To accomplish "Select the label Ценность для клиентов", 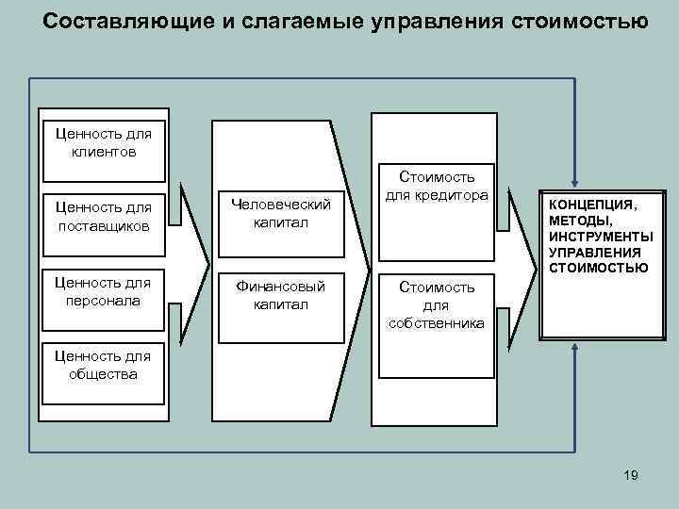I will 103,142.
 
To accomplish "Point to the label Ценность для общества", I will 103,365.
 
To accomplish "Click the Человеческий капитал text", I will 280,213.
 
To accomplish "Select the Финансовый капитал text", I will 280,295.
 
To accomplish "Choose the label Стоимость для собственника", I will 437,304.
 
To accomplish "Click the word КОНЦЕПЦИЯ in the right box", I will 592,204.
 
